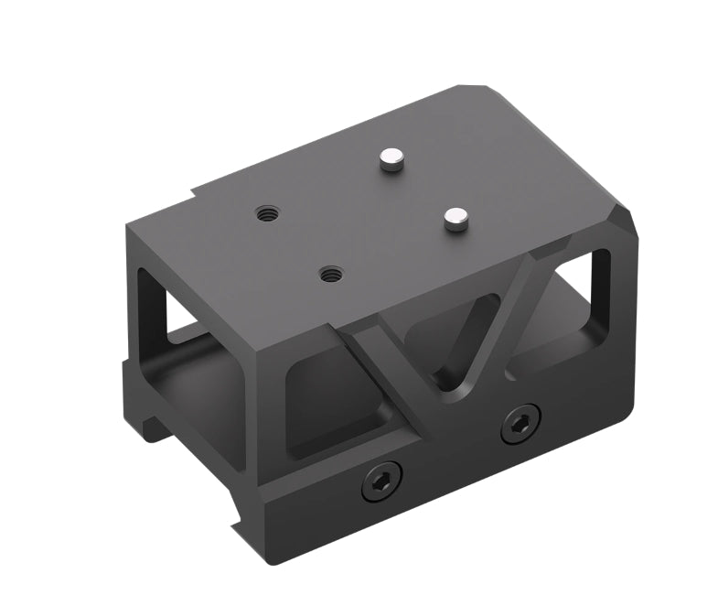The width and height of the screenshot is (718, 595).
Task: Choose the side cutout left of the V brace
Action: point(329,403)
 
